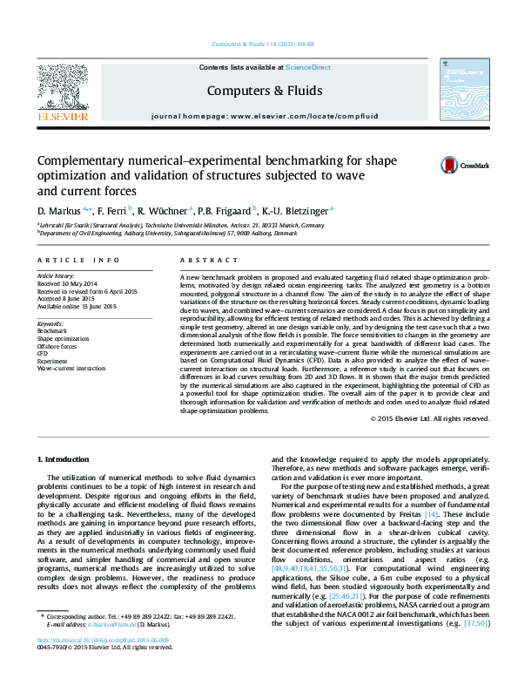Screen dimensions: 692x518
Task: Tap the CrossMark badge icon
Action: [x=450, y=165]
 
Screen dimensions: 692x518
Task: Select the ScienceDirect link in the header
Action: [x=310, y=67]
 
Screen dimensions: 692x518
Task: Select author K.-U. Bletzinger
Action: [x=297, y=210]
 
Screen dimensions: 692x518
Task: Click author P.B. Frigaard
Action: [x=224, y=210]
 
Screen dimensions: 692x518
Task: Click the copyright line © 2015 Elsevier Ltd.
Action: [x=429, y=419]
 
